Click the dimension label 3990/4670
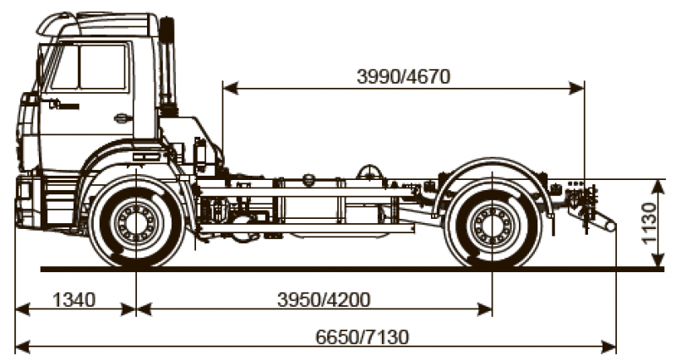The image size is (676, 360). tap(403, 75)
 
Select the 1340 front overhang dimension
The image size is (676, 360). tap(74, 299)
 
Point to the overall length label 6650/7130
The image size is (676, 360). tap(363, 337)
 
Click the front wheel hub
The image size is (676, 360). tap(136, 223)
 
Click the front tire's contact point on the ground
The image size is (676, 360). tap(136, 267)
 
